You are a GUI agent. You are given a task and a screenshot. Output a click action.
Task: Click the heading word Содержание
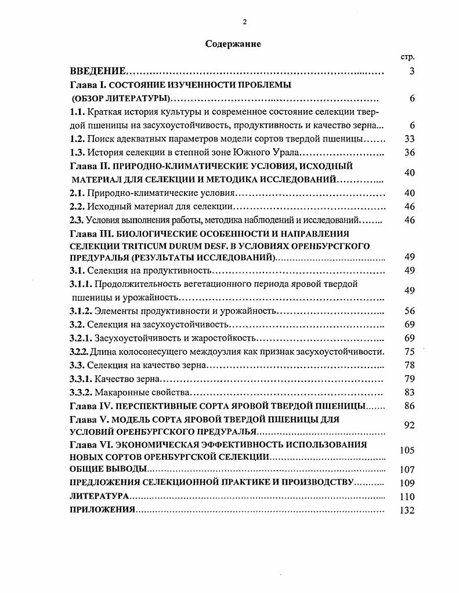click(x=233, y=44)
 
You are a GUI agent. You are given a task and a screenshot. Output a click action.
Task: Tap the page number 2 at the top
click(x=244, y=22)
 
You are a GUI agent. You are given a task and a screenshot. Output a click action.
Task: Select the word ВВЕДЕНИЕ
click(x=97, y=72)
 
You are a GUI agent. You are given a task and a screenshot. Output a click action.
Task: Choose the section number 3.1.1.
click(x=81, y=284)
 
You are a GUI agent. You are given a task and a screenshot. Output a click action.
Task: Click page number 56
click(x=410, y=311)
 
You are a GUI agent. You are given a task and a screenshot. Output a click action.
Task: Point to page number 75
click(x=410, y=351)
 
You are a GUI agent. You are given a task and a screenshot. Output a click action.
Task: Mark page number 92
click(x=410, y=425)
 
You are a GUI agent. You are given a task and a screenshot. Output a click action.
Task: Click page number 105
click(x=407, y=450)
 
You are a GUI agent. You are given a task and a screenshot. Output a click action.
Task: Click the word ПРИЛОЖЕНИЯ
click(x=102, y=510)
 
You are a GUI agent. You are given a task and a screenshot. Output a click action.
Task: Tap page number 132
click(x=407, y=510)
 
